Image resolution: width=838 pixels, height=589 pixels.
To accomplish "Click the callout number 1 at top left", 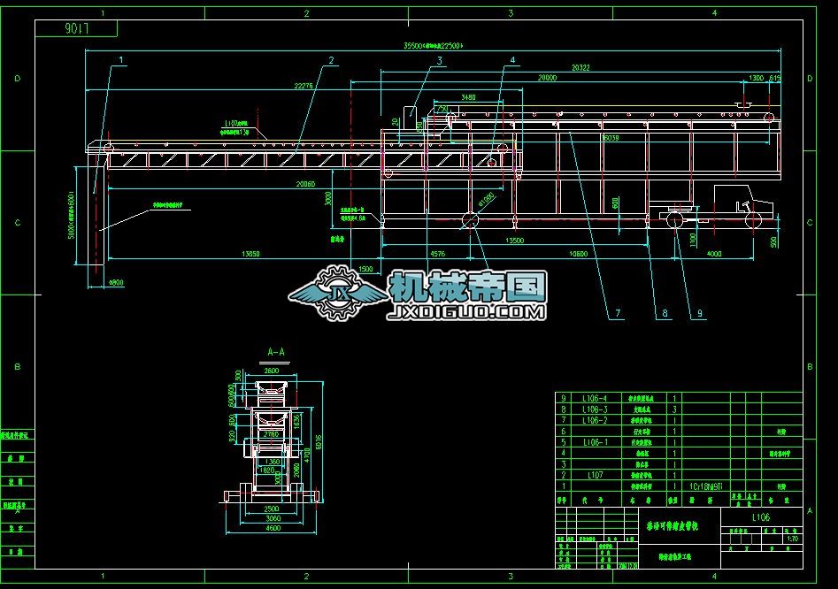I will (x=121, y=59).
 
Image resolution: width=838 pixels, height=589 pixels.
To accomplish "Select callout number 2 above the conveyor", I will (x=330, y=60).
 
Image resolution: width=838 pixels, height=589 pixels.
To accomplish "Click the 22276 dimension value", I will (x=303, y=86).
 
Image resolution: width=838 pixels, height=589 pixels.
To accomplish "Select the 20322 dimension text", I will (x=581, y=67).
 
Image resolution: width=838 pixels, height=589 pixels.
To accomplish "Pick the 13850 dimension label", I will (x=251, y=254).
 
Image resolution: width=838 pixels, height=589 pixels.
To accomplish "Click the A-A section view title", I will (x=276, y=351).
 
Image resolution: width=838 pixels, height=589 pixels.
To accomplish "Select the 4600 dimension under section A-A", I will (x=273, y=528).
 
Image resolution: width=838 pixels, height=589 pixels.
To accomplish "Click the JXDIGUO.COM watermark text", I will (x=466, y=312).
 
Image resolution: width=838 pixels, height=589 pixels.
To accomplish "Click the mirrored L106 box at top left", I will (x=77, y=28).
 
